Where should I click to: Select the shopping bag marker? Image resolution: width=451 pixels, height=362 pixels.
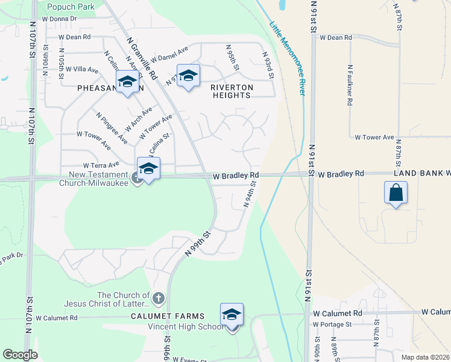(x=395, y=194)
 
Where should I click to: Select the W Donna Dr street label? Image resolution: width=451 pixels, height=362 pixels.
(x=57, y=19)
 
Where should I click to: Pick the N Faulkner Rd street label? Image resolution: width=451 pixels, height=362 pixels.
(x=349, y=85)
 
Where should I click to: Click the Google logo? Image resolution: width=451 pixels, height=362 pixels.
(x=20, y=355)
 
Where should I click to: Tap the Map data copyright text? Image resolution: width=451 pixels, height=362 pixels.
(x=425, y=357)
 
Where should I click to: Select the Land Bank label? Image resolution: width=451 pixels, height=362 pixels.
(x=421, y=174)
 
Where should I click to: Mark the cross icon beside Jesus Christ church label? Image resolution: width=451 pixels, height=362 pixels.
(x=158, y=298)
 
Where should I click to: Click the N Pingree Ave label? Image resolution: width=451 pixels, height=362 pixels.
(x=112, y=128)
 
